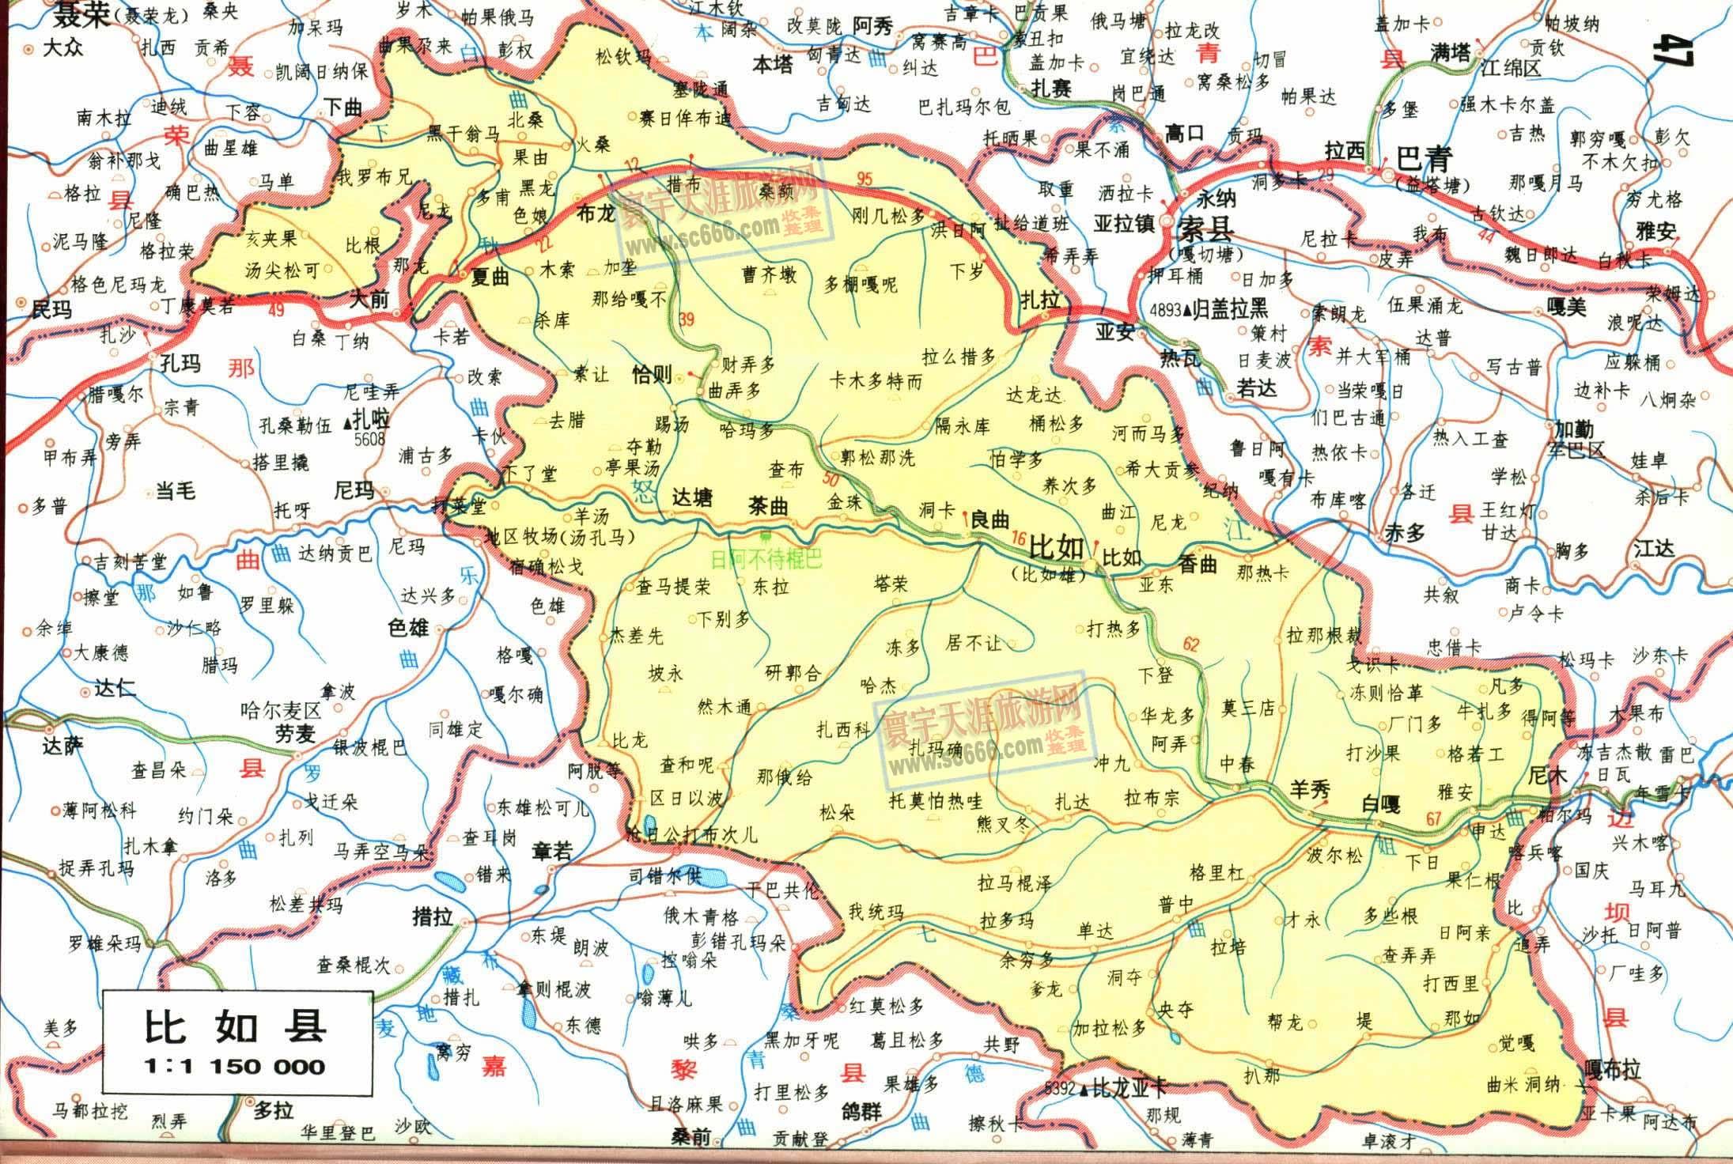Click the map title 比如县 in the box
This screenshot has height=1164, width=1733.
pos(234,1026)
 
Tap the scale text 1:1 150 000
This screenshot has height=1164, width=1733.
pos(234,1067)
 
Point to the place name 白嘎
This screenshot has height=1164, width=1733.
pos(1380,805)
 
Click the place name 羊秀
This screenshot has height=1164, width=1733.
pos(1311,789)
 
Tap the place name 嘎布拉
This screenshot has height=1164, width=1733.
pos(1610,1071)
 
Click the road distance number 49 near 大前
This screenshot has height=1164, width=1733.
pos(276,311)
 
